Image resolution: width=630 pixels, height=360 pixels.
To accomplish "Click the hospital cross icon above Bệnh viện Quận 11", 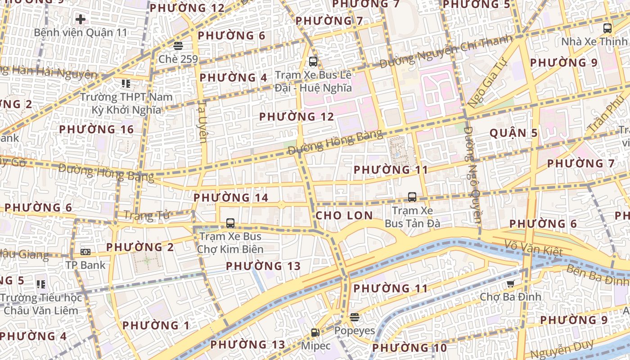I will (81, 19).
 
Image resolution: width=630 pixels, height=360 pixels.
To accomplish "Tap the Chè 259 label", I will (178, 59).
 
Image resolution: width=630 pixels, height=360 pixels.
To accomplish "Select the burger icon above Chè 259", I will (178, 46).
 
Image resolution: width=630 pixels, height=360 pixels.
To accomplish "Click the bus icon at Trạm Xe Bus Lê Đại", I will (313, 62).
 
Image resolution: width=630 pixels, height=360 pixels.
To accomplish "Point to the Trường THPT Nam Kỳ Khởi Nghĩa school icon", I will (126, 84).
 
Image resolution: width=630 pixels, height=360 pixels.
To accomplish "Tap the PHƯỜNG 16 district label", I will (97, 130).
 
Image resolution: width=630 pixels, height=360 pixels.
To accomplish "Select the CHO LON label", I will (344, 216).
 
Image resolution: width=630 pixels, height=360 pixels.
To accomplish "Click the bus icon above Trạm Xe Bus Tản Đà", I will (412, 197).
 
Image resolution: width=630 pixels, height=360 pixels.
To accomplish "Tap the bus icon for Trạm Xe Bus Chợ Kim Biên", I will (230, 223).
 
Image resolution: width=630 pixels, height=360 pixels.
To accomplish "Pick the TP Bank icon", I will (85, 252).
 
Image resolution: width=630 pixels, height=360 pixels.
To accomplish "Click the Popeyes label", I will (354, 331).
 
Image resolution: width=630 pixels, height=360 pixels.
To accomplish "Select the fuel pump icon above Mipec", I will (315, 333).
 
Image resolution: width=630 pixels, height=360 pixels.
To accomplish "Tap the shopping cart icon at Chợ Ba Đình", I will (510, 283).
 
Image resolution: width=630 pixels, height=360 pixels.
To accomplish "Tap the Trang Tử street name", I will (146, 216).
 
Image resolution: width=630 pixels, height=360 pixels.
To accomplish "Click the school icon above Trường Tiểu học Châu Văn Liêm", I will (41, 284).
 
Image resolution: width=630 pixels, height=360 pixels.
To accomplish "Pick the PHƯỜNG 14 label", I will (231, 198).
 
